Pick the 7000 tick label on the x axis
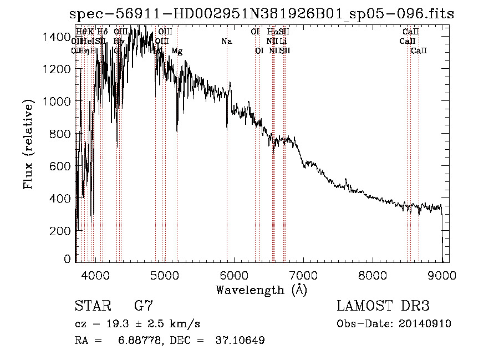(x=303, y=275)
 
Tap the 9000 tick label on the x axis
(x=442, y=275)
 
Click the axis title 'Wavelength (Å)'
(x=261, y=290)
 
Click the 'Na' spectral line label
(x=226, y=42)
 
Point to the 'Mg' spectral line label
(x=177, y=51)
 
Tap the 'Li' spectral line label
(x=283, y=42)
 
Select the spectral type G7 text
(x=144, y=307)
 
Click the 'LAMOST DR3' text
(x=383, y=307)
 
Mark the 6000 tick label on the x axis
(x=234, y=275)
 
